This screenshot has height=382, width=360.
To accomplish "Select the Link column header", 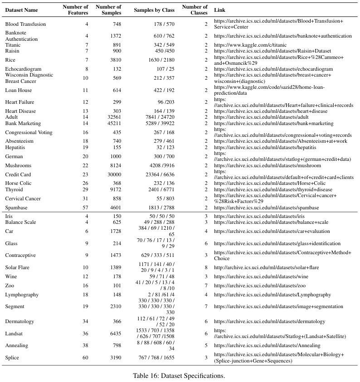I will [x=220, y=10].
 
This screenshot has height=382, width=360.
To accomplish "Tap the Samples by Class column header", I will [x=152, y=10].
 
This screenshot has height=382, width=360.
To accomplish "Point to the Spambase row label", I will [x=17, y=208].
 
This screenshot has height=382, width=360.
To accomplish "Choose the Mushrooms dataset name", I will [x=18, y=165].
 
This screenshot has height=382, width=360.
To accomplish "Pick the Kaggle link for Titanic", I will [x=250, y=45].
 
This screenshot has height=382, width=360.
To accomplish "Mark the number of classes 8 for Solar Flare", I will [x=206, y=267].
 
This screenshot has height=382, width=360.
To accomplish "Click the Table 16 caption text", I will [x=179, y=376].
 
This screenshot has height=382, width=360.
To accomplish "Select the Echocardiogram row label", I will [x=23, y=69].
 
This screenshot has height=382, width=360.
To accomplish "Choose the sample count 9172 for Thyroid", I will [x=115, y=189].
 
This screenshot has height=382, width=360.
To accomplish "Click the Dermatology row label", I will [x=19, y=321].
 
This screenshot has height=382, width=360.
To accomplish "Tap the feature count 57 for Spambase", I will [x=85, y=208].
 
